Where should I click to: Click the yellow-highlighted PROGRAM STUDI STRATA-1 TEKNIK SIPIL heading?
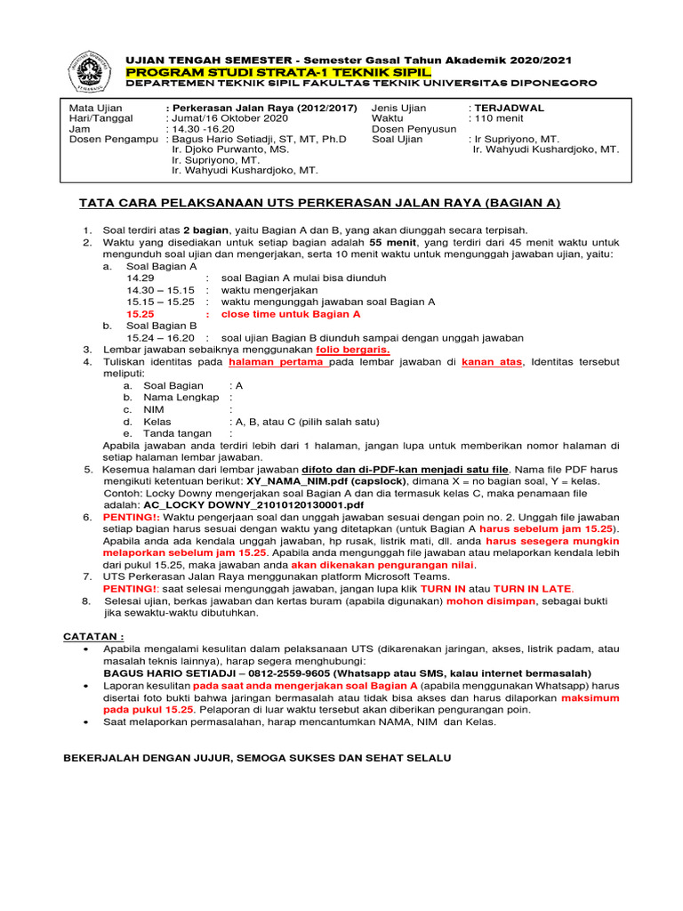click(278, 71)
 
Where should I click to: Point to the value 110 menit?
click(499, 118)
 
